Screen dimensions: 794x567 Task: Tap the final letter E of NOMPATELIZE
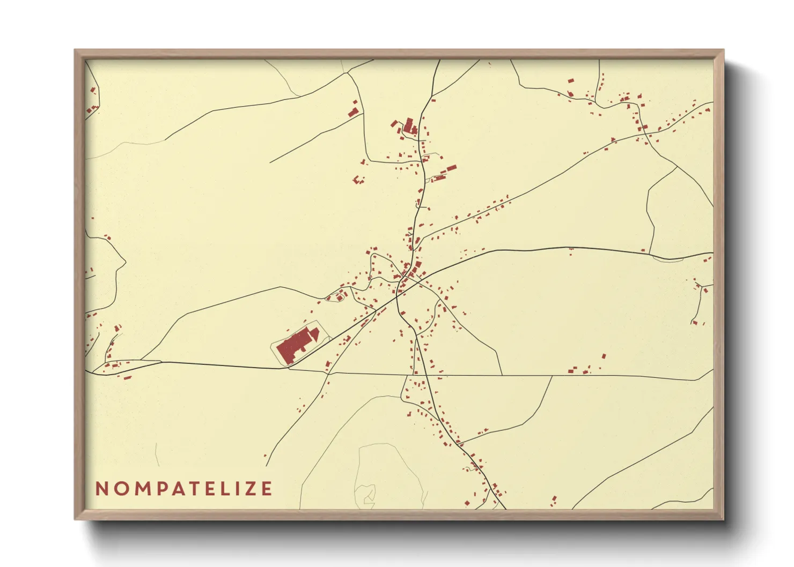[266, 489]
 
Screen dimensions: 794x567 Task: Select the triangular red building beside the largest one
[315, 335]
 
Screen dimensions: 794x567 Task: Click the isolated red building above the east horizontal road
[604, 356]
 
